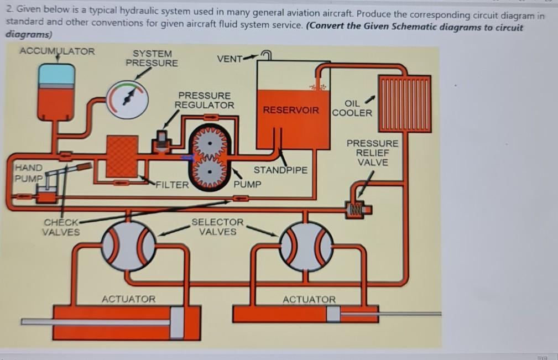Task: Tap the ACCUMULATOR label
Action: pyautogui.click(x=58, y=51)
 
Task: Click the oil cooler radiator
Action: pyautogui.click(x=405, y=103)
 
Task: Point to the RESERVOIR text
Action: pyautogui.click(x=291, y=110)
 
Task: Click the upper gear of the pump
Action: pyautogui.click(x=210, y=143)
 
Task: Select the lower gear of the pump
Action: pyautogui.click(x=210, y=171)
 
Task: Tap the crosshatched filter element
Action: pyautogui.click(x=122, y=156)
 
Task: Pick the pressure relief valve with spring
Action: pyautogui.click(x=359, y=209)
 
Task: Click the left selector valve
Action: pyautogui.click(x=129, y=246)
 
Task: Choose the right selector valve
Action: pyautogui.click(x=306, y=246)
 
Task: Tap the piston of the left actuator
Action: pyautogui.click(x=177, y=322)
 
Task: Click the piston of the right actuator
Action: pyautogui.click(x=333, y=314)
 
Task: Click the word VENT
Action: pyautogui.click(x=230, y=59)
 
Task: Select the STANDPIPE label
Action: pyautogui.click(x=280, y=170)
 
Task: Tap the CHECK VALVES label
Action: pyautogui.click(x=61, y=227)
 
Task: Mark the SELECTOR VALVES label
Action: pyautogui.click(x=217, y=227)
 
